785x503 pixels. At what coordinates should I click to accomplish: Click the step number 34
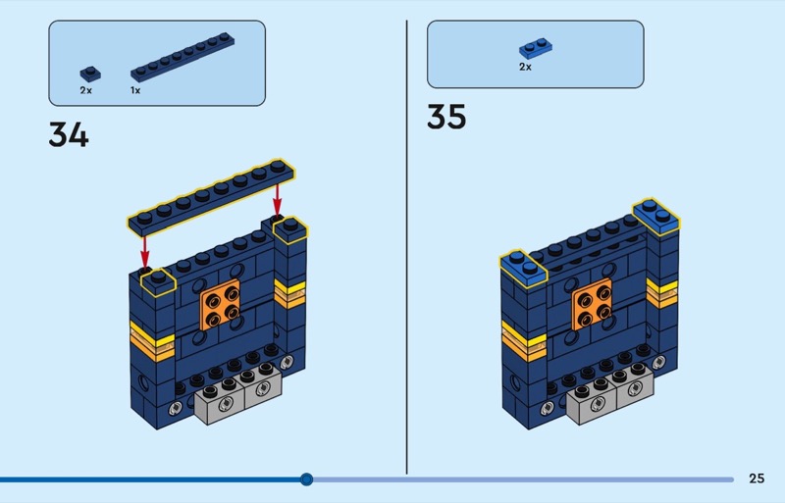(x=69, y=134)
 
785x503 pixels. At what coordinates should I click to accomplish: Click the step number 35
(x=446, y=117)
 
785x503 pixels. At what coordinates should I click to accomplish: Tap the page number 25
(x=756, y=478)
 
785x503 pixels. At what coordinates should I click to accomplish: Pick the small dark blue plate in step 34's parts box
(x=89, y=72)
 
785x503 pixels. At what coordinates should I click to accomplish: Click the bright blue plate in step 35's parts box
(x=535, y=47)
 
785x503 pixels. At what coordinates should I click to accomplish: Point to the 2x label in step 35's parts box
(x=525, y=67)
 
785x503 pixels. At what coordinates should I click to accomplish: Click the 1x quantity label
(x=135, y=90)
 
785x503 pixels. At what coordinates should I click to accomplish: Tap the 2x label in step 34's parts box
(x=85, y=90)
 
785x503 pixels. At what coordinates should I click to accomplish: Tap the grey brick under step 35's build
(x=605, y=394)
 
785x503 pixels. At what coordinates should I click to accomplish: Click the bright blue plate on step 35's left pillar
(x=522, y=264)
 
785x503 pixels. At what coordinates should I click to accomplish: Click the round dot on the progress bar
(x=306, y=479)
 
